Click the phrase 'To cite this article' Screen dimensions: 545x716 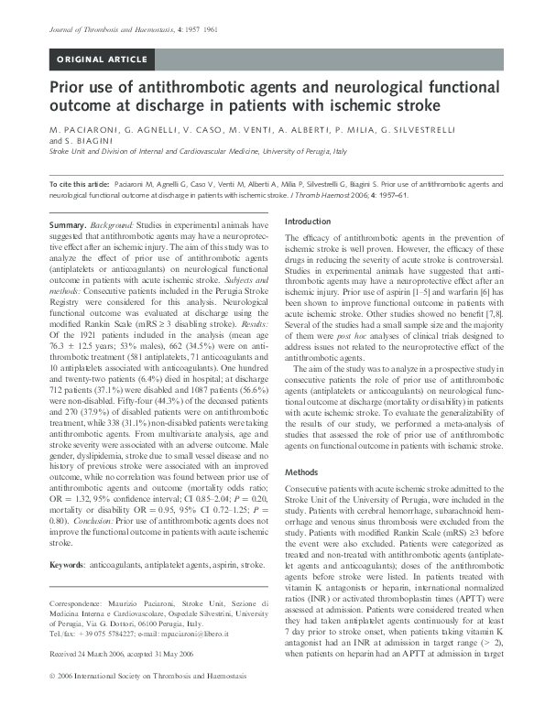click(x=78, y=186)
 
